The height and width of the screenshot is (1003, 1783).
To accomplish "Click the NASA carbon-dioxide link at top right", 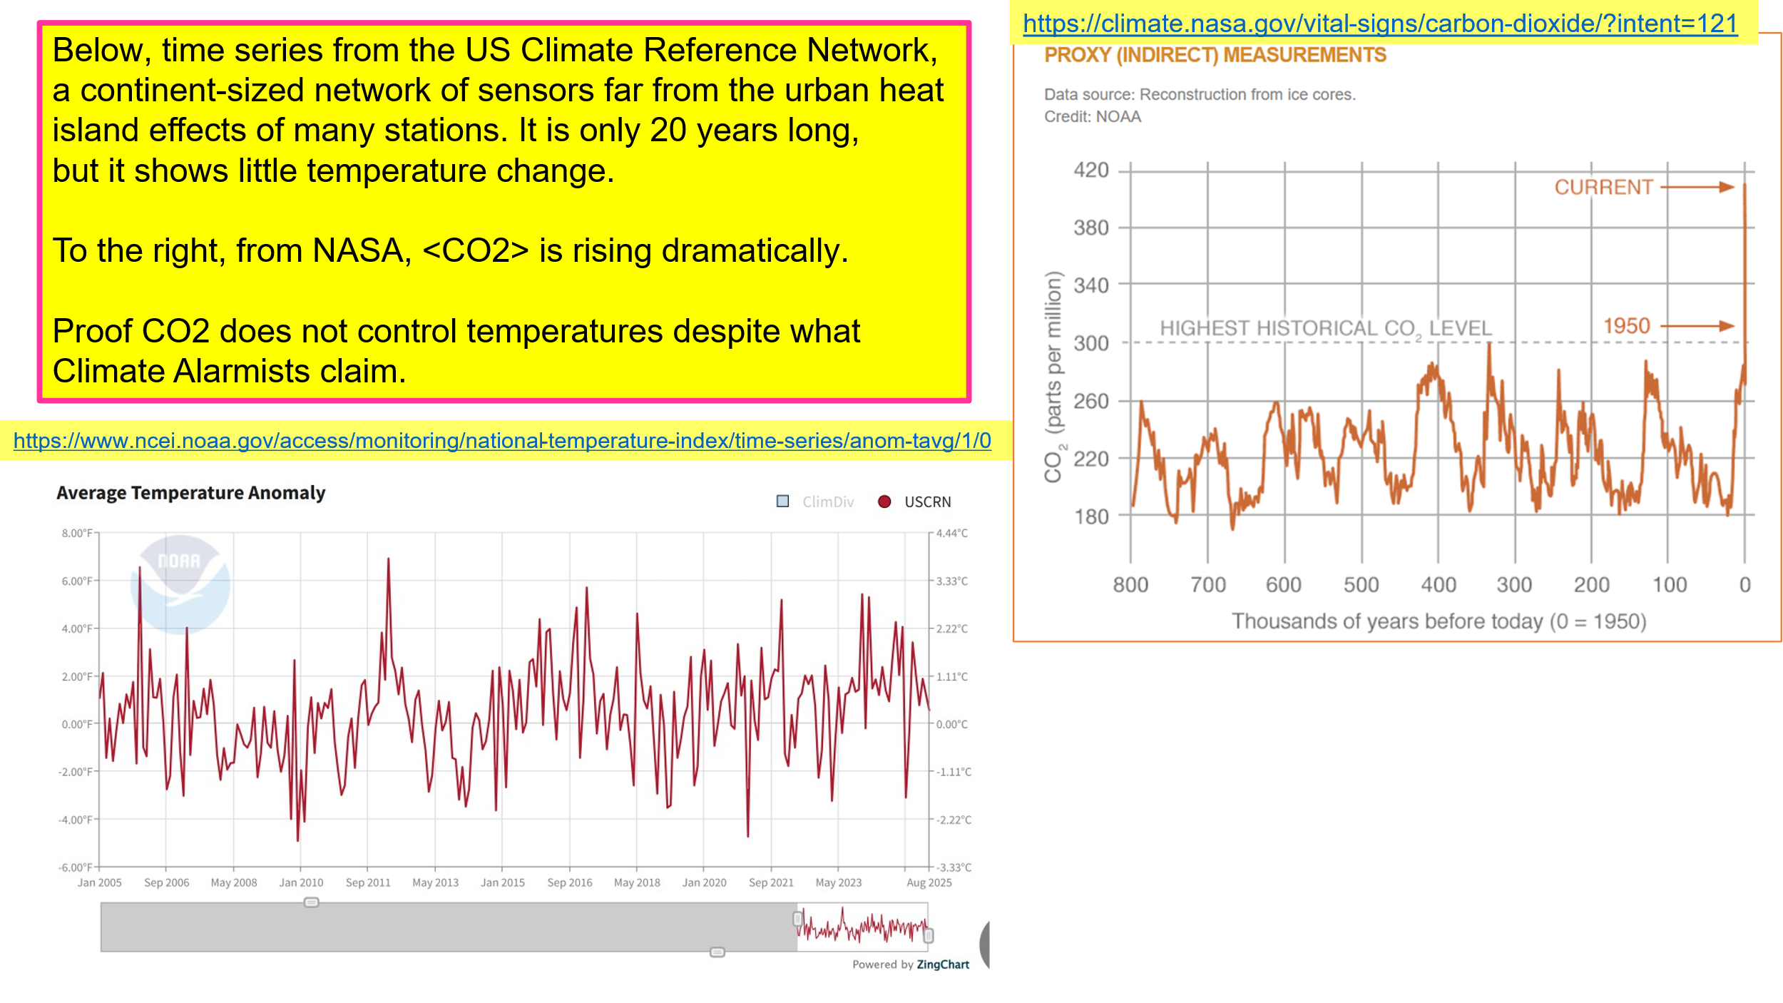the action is pyautogui.click(x=1380, y=24).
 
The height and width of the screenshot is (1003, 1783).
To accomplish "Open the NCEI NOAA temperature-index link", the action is pyautogui.click(x=502, y=440).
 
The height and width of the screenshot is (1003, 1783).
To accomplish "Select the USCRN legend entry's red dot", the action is pyautogui.click(x=884, y=501).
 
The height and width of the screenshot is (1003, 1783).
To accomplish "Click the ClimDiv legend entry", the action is pyautogui.click(x=815, y=501).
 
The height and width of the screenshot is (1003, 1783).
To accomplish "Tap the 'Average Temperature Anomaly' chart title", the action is pyautogui.click(x=190, y=493).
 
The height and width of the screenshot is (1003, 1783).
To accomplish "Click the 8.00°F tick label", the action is pyautogui.click(x=77, y=533).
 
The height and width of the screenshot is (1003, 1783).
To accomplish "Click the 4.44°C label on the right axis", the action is pyautogui.click(x=952, y=533).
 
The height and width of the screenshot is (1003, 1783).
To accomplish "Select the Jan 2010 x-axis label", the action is pyautogui.click(x=301, y=882).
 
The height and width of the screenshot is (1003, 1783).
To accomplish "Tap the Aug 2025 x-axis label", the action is pyautogui.click(x=929, y=882).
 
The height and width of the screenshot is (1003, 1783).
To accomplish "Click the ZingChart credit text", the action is pyautogui.click(x=911, y=964).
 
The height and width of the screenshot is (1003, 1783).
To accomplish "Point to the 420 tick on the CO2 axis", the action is pyautogui.click(x=1091, y=170).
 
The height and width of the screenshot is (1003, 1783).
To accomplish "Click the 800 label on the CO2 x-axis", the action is pyautogui.click(x=1130, y=585).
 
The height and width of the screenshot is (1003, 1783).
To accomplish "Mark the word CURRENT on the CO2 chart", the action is pyautogui.click(x=1603, y=187).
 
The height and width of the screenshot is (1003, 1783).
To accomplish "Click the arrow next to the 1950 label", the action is pyautogui.click(x=1697, y=326).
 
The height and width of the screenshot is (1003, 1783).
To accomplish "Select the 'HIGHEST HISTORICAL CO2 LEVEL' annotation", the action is pyautogui.click(x=1326, y=328).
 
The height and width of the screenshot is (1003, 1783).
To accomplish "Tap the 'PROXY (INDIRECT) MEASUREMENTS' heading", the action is pyautogui.click(x=1215, y=55).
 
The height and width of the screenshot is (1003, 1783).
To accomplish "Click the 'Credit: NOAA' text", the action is pyautogui.click(x=1093, y=116).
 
